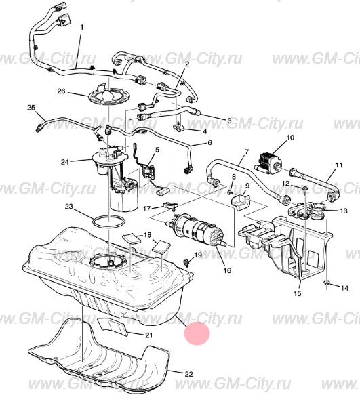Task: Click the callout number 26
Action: tap(61, 91)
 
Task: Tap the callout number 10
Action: tap(290, 138)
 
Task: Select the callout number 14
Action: tap(344, 288)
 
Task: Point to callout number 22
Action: tap(188, 375)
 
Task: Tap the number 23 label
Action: tap(69, 207)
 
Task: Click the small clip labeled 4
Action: tap(178, 128)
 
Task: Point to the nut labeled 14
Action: tap(327, 283)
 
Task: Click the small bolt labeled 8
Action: tap(230, 192)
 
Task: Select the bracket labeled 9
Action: tap(241, 201)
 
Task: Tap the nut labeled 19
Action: tap(187, 263)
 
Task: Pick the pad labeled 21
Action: tap(113, 325)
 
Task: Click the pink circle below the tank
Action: tap(197, 333)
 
